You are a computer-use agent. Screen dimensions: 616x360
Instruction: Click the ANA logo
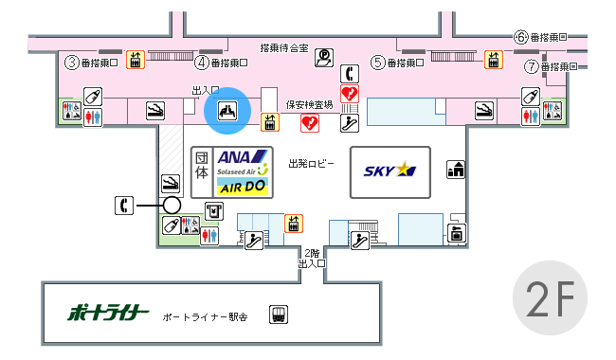point(242,157)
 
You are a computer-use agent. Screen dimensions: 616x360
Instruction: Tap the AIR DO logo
point(243,187)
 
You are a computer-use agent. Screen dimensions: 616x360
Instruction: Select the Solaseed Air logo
point(242,171)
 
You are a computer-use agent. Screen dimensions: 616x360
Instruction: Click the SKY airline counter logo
point(390,170)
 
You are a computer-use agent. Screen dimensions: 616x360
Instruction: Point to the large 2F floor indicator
point(550,298)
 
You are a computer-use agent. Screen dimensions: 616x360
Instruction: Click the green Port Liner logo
point(108,313)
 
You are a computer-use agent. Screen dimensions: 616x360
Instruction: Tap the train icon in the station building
point(278,315)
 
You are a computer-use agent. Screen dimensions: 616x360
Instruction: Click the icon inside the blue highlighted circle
point(227,110)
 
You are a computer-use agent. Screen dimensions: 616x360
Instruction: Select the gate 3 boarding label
point(91,63)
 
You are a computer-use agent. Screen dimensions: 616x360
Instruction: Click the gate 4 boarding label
point(221,63)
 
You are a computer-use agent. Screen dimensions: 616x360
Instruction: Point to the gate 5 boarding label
point(398,63)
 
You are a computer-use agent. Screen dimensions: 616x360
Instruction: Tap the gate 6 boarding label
point(540,37)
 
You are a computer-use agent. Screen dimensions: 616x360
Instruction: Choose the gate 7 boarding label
point(551,66)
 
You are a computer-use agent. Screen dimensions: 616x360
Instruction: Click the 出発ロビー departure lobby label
point(311,163)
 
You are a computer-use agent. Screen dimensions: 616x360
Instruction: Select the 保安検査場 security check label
point(309,104)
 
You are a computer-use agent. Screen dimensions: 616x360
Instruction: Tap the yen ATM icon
point(214,211)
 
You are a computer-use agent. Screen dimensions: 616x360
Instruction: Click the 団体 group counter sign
point(202,166)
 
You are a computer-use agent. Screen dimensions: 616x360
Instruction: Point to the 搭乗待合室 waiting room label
point(284,48)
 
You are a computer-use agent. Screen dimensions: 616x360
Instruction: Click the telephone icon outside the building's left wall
point(124,206)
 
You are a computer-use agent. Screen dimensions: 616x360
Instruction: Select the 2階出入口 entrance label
point(312,259)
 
